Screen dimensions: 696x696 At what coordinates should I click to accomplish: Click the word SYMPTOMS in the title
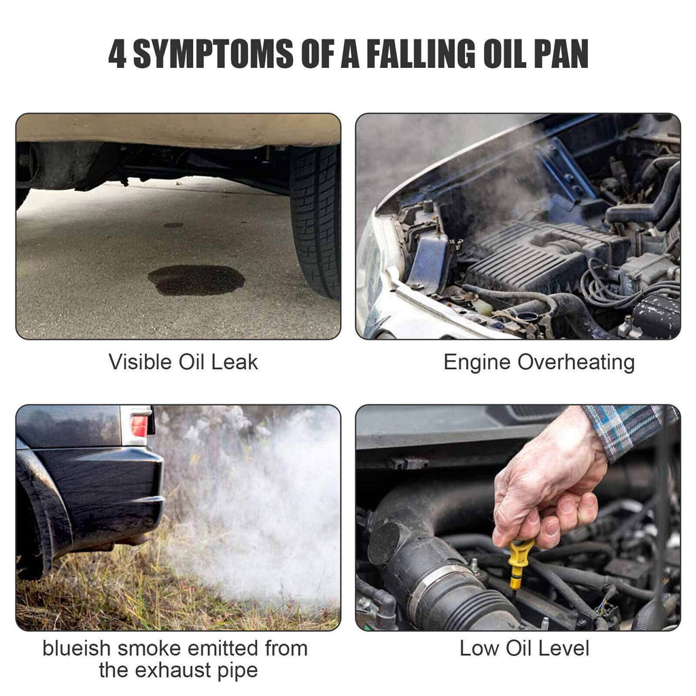pyautogui.click(x=213, y=54)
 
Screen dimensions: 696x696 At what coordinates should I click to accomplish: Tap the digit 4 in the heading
pyautogui.click(x=117, y=54)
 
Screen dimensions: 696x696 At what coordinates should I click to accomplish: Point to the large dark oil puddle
pyautogui.click(x=196, y=280)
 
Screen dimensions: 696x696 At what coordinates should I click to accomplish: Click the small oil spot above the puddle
pyautogui.click(x=173, y=225)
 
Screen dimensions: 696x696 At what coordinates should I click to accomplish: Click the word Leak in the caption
pyautogui.click(x=234, y=362)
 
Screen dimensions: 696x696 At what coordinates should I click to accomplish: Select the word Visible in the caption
pyautogui.click(x=140, y=362)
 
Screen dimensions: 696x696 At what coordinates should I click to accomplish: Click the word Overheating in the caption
pyautogui.click(x=576, y=362)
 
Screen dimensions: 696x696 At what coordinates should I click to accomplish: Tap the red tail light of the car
pyautogui.click(x=139, y=426)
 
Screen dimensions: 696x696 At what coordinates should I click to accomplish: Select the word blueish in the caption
pyautogui.click(x=76, y=648)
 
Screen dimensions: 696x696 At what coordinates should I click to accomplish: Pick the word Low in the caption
pyautogui.click(x=479, y=648)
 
